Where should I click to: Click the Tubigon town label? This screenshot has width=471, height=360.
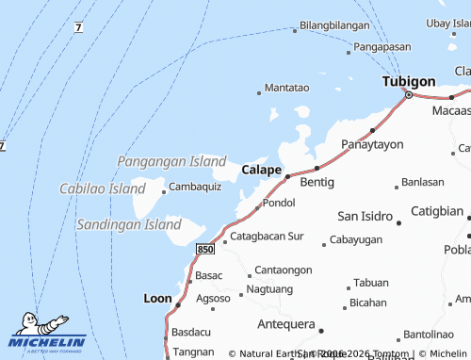pos(408,82)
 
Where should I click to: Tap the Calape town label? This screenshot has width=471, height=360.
pos(261,170)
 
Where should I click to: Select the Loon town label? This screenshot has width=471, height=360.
pos(156,298)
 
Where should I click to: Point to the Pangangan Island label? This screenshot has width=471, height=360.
pos(171,161)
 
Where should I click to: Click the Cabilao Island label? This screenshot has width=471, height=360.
pos(102,188)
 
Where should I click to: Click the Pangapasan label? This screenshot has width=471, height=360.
pos(383,46)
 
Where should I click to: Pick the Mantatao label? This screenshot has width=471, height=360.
pos(286,88)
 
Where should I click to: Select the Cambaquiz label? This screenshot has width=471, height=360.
pos(195,187)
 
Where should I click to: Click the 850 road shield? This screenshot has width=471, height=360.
pos(206,248)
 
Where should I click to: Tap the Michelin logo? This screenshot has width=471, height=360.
pos(46,333)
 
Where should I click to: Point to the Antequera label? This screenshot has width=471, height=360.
pos(285,324)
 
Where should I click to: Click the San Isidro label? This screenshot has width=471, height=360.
pos(365,216)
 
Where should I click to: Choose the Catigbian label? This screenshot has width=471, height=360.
pos(437,211)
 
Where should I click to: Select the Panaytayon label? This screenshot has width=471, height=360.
pos(371,144)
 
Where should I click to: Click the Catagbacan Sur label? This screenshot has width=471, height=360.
pos(268,236)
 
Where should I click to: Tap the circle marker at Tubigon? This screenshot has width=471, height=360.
pos(408,94)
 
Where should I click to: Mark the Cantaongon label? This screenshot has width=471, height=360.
pos(283,270)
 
